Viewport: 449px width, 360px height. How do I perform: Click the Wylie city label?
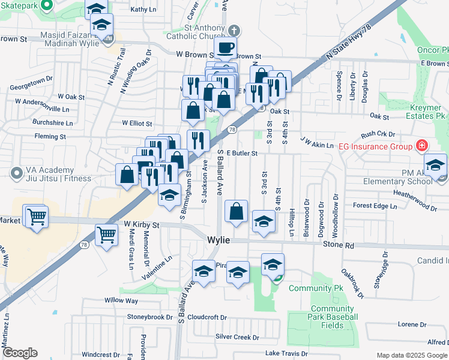click(x=218, y=239)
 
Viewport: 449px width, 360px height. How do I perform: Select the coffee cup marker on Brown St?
click(x=225, y=47)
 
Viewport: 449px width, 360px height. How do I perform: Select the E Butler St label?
click(x=242, y=154)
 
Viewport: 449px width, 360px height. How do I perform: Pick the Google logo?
click(x=20, y=353)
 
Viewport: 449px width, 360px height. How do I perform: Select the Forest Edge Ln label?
click(x=375, y=206)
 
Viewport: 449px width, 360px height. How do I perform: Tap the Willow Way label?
click(x=121, y=300)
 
